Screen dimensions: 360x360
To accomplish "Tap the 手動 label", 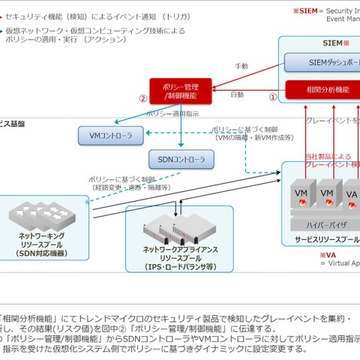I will (241, 66).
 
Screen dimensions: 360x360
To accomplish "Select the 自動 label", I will (237, 94).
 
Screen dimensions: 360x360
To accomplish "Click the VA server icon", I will (352, 196).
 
